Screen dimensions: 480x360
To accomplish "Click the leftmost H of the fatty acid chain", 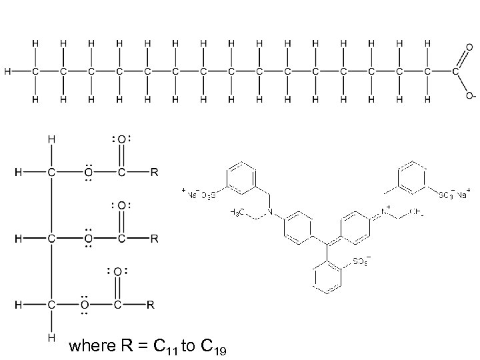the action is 7,71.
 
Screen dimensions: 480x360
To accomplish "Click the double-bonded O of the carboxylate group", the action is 469,48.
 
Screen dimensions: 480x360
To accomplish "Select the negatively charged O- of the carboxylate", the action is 470,96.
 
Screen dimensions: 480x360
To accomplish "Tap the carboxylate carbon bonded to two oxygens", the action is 456,71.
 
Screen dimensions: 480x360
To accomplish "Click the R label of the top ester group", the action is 154,173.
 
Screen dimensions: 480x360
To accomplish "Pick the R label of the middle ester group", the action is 154,237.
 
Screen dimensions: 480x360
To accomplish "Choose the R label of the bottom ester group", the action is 151,305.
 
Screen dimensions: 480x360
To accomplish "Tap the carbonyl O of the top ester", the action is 121,140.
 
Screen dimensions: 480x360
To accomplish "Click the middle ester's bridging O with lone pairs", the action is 87,237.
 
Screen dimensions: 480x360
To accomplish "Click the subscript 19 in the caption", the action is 219,349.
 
